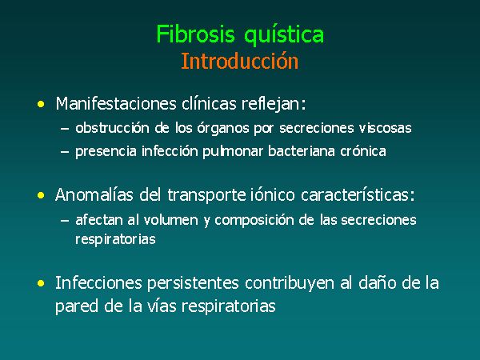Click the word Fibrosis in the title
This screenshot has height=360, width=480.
(x=195, y=34)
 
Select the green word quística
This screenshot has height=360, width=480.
(x=284, y=35)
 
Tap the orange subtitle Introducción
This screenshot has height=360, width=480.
(x=239, y=61)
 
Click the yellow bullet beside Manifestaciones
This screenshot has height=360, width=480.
(x=41, y=104)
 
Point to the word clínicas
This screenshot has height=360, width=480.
(x=209, y=103)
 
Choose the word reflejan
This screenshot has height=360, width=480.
(x=274, y=104)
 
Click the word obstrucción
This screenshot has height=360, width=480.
(x=112, y=128)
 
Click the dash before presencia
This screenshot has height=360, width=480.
(x=65, y=152)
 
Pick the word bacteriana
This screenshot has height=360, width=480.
(x=302, y=151)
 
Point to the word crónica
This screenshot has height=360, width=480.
(x=363, y=151)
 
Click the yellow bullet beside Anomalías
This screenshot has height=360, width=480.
(x=41, y=195)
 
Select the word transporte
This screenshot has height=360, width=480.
(x=206, y=195)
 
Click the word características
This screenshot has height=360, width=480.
(x=358, y=194)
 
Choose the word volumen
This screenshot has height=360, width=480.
(x=171, y=220)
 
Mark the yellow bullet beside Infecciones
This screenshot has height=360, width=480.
(x=41, y=283)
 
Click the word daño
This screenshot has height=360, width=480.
(x=378, y=283)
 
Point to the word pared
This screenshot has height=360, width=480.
(x=77, y=306)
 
